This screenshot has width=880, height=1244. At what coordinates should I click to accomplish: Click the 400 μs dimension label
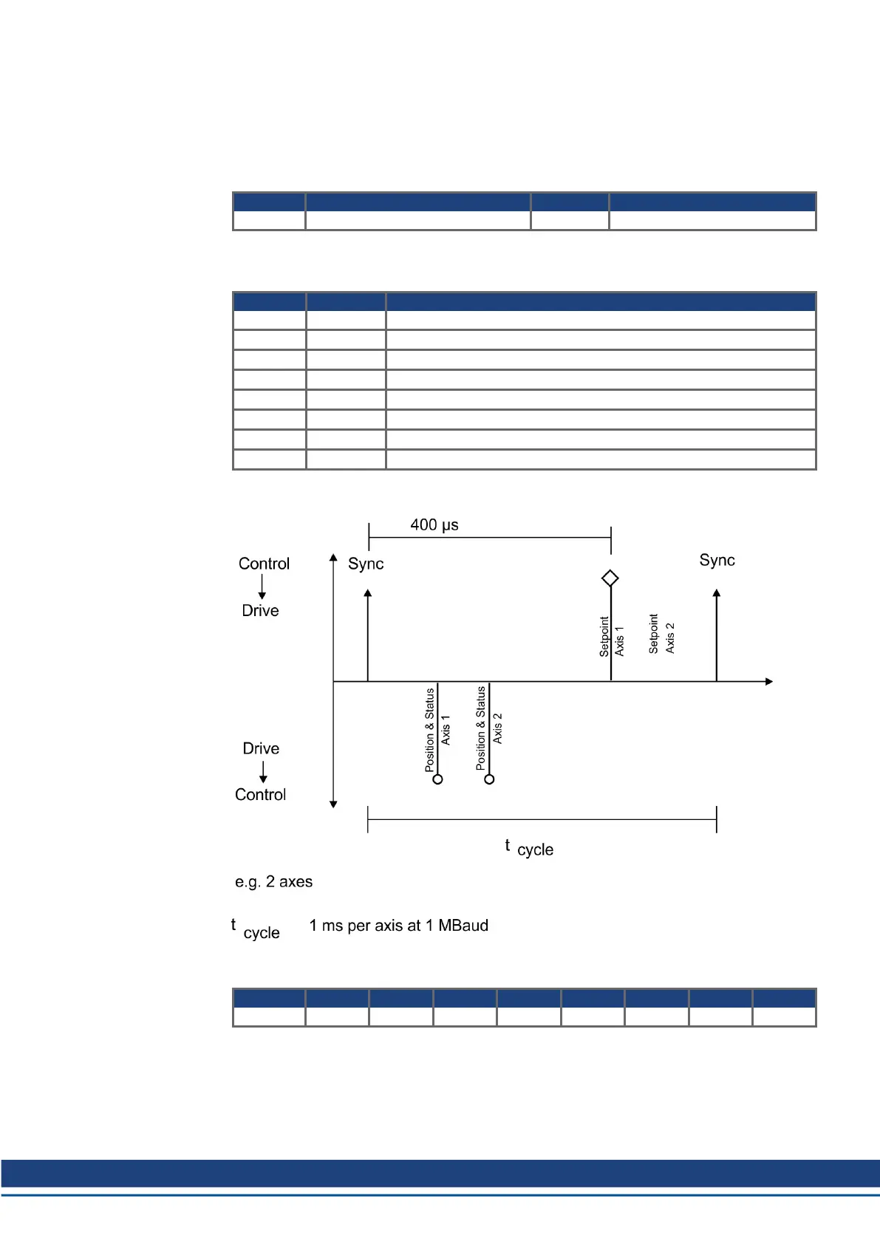pos(434,524)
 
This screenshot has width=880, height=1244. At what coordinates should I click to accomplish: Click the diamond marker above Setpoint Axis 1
pos(610,578)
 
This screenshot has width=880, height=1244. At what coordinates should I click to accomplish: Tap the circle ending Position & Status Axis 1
pos(437,779)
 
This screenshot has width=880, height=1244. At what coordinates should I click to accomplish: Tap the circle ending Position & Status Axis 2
pos(489,779)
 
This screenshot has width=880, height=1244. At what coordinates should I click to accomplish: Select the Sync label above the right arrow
pos(717,560)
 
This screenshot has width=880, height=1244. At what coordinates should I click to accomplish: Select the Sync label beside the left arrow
pos(366,564)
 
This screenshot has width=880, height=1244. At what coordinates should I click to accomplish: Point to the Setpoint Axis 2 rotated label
pos(661,634)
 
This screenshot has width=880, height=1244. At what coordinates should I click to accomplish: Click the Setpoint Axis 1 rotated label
pos(611,637)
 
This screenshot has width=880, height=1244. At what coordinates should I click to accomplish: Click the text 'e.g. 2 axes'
pos(273,882)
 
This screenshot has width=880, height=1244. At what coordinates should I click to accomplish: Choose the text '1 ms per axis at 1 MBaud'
pos(398,925)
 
